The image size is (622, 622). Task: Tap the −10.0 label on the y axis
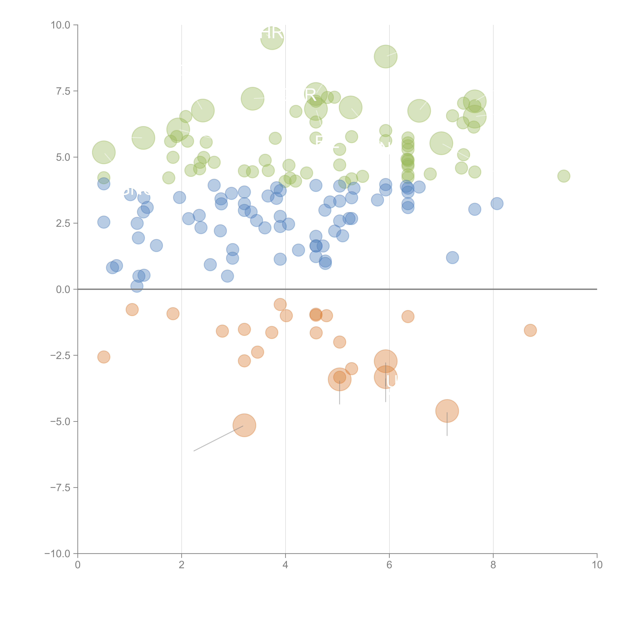coord(57,554)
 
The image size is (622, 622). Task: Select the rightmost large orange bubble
coord(447,411)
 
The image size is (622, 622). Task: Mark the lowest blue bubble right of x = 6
coord(452,258)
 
